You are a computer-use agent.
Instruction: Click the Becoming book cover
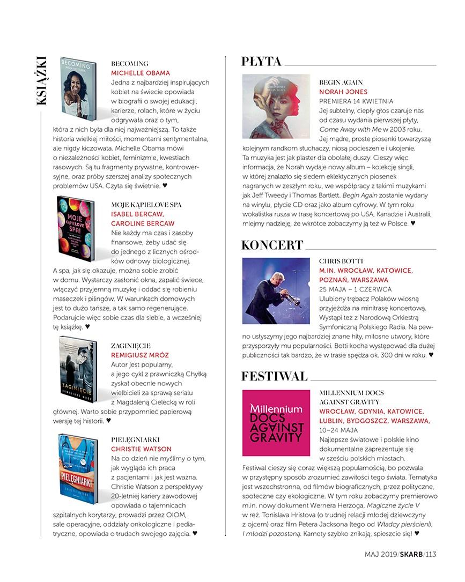click(x=78, y=88)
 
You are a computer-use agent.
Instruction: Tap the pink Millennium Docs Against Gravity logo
click(x=276, y=423)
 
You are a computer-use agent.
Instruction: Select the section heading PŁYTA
click(x=261, y=62)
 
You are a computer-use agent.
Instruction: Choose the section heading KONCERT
click(x=272, y=245)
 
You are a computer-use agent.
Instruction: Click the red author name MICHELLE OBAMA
click(x=140, y=73)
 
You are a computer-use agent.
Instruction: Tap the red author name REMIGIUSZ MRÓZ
click(x=140, y=355)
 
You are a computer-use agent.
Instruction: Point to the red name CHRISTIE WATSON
click(x=141, y=449)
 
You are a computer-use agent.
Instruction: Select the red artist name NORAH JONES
click(x=343, y=92)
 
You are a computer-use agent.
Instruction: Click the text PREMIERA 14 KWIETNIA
click(x=356, y=101)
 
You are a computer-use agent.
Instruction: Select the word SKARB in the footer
click(x=411, y=554)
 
